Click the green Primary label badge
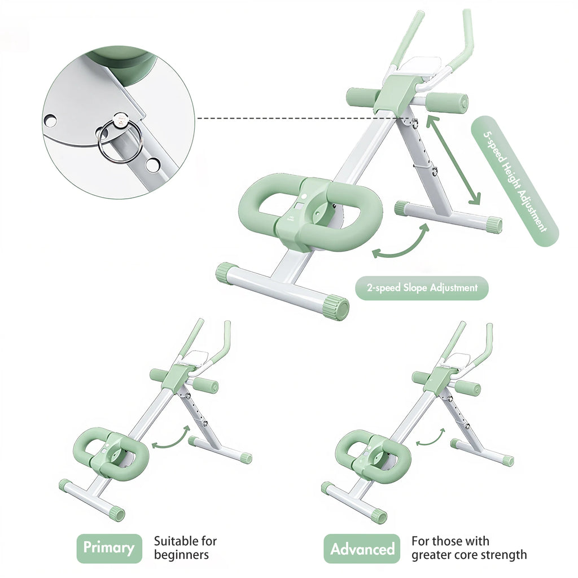pyautogui.click(x=109, y=548)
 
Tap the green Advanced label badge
pyautogui.click(x=362, y=549)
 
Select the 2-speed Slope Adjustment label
pyautogui.click(x=422, y=288)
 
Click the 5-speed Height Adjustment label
pyautogui.click(x=514, y=180)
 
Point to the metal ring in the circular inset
pyautogui.click(x=120, y=142)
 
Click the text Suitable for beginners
pyautogui.click(x=185, y=548)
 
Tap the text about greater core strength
pyautogui.click(x=468, y=548)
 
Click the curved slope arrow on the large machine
pyautogui.click(x=401, y=243)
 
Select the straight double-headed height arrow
pyautogui.click(x=453, y=160)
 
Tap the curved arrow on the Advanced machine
pyautogui.click(x=430, y=436)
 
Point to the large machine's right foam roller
pyautogui.click(x=446, y=103)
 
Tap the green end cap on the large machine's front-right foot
pyautogui.click(x=336, y=307)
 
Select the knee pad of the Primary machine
pyautogui.click(x=111, y=454)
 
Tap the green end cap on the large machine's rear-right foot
pyautogui.click(x=494, y=225)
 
